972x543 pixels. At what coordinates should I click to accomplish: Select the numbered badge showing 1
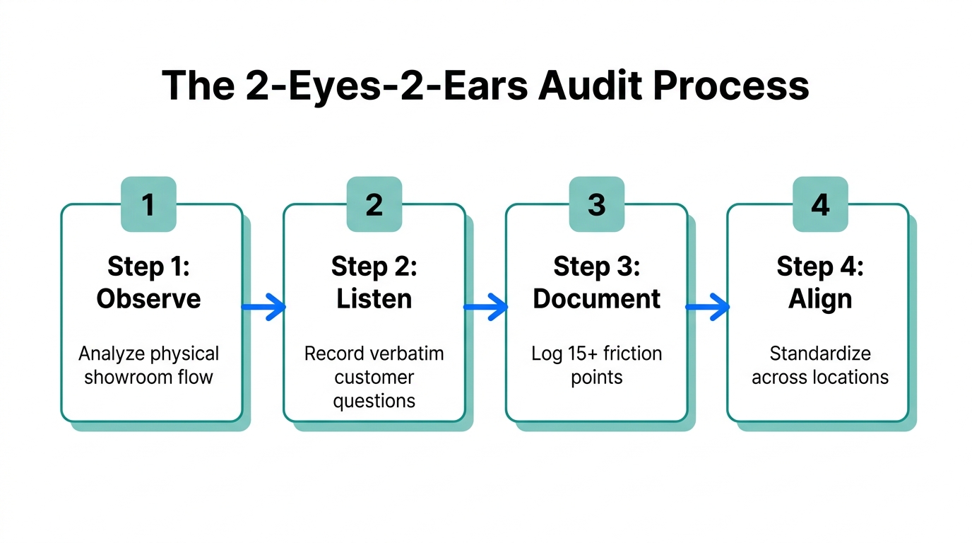148,204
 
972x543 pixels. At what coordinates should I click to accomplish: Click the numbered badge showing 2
374,204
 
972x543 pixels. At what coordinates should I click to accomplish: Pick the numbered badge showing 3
597,204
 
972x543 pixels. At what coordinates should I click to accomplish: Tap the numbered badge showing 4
820,204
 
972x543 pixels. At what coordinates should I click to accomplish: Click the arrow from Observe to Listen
263,307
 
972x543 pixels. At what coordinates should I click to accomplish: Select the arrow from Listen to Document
485,307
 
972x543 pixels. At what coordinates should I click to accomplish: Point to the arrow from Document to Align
708,307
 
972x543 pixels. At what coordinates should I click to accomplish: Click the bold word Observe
148,298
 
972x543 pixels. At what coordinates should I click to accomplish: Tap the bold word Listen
374,298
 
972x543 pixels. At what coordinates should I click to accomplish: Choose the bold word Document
597,298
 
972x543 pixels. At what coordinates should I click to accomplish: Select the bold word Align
820,298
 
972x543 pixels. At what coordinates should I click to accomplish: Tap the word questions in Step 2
374,401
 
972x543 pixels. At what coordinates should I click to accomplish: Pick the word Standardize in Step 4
820,354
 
